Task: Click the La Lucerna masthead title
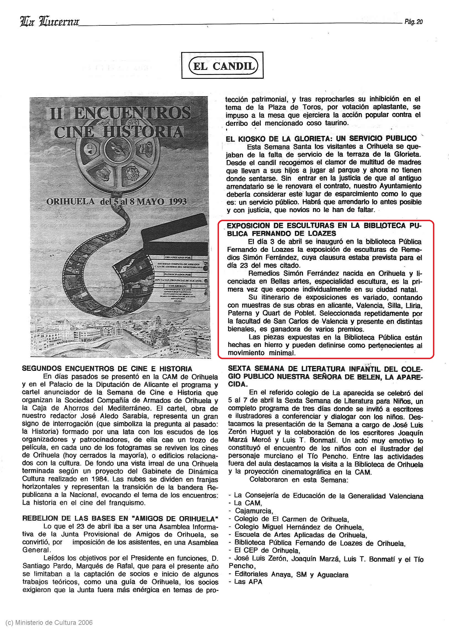click(x=50, y=22)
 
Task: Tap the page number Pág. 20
click(x=414, y=22)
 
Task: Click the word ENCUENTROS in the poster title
click(x=132, y=113)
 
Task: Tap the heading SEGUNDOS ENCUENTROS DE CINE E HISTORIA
click(x=107, y=369)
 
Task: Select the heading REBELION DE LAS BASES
click(x=120, y=518)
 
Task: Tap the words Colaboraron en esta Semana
click(x=299, y=480)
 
